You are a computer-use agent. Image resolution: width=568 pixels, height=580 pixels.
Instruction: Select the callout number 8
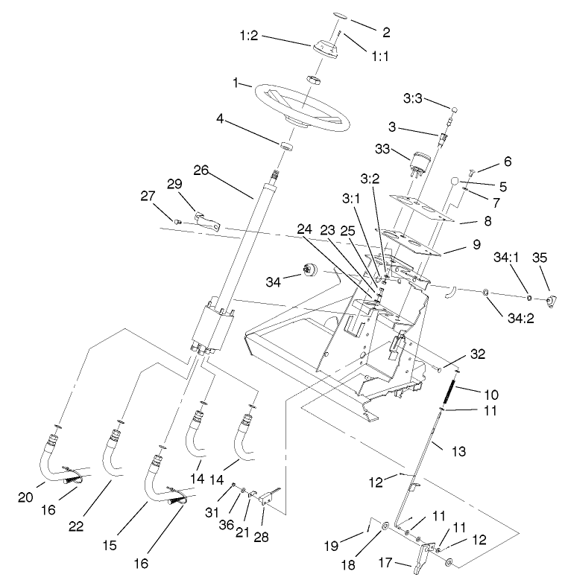click(x=487, y=220)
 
